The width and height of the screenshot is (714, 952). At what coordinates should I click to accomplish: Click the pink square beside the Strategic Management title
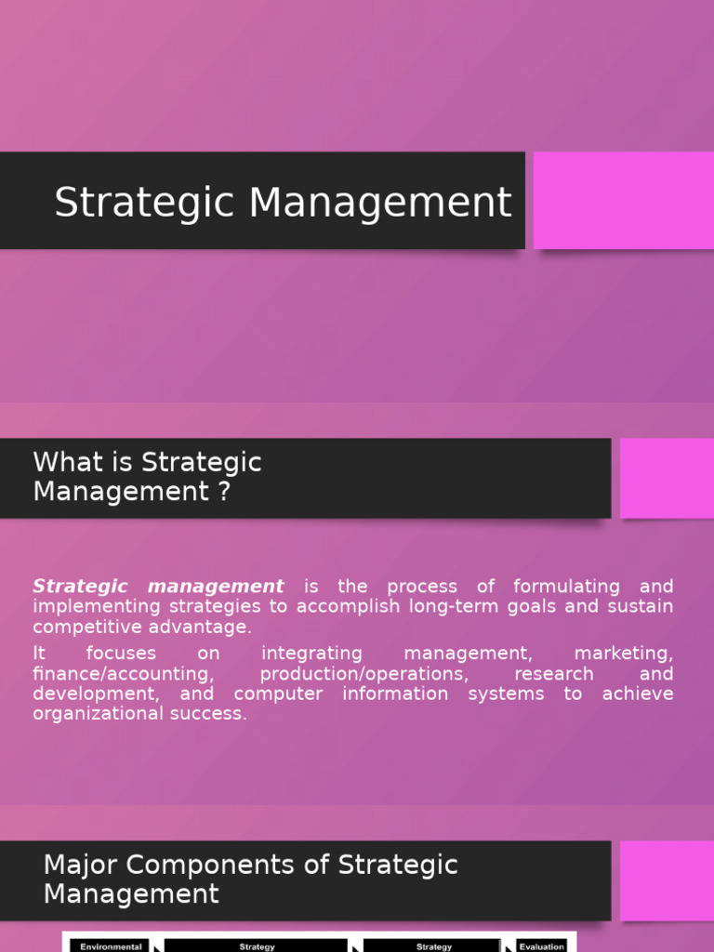click(x=623, y=200)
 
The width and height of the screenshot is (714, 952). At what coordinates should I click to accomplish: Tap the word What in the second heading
click(x=69, y=462)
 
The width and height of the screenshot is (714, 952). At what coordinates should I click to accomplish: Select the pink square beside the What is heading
click(x=666, y=478)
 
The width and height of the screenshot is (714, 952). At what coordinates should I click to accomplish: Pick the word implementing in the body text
click(x=86, y=607)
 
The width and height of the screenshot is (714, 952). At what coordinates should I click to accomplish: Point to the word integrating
click(x=311, y=654)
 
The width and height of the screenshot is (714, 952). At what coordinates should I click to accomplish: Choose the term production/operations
click(x=364, y=674)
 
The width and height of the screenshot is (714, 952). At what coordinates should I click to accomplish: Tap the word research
click(x=554, y=674)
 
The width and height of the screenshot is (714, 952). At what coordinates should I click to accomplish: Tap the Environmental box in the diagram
click(x=110, y=945)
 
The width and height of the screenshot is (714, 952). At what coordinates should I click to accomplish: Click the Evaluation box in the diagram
click(x=541, y=945)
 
